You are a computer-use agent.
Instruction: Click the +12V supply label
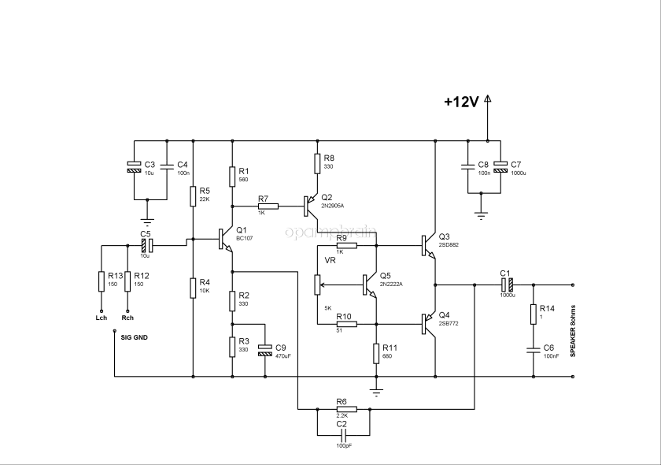461,102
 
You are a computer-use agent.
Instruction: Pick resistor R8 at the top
317,164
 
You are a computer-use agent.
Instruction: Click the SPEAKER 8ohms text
573,331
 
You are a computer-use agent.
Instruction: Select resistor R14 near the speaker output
533,313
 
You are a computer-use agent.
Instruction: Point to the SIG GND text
134,337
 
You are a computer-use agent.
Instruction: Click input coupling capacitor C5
146,245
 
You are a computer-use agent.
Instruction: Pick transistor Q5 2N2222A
370,285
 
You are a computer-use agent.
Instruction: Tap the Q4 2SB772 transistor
427,324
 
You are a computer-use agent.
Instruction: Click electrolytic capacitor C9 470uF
265,351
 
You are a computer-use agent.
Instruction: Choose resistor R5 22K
193,195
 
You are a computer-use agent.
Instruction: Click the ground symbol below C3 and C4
146,221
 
